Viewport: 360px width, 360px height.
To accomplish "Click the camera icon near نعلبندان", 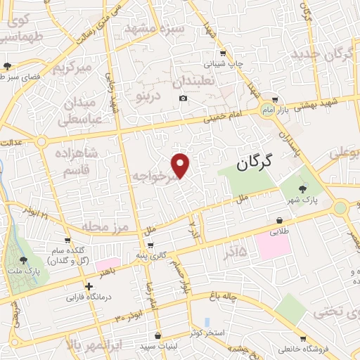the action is (184, 98).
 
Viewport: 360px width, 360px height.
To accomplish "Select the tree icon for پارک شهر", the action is (303, 188).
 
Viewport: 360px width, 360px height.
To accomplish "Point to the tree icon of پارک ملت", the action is (24, 260).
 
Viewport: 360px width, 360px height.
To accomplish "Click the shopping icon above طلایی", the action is (279, 219).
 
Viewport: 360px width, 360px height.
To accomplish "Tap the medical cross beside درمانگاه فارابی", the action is (89, 286).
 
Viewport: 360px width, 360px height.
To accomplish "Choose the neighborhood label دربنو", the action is (148, 91).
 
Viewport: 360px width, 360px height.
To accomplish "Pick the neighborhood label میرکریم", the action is (74, 68).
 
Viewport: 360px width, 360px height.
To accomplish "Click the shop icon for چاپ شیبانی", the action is (222, 52).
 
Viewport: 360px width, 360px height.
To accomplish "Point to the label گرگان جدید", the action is (320, 54).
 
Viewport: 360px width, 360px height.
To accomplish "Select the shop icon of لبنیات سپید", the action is (157, 335).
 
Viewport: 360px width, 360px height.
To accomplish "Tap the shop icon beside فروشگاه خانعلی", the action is (302, 338).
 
